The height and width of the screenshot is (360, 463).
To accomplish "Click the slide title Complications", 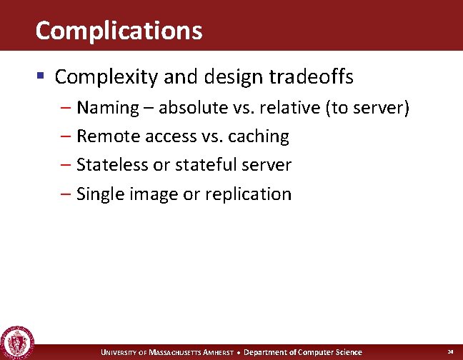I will pyautogui.click(x=119, y=31).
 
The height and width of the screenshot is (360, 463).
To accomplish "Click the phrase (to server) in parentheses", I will pyautogui.click(x=367, y=108).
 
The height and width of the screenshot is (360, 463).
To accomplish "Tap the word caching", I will pyautogui.click(x=259, y=136).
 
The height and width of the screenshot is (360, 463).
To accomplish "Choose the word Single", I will pyautogui.click(x=100, y=194).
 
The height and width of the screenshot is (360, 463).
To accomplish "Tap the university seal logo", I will pyautogui.click(x=15, y=342).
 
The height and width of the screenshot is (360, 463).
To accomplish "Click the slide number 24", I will pyautogui.click(x=450, y=352).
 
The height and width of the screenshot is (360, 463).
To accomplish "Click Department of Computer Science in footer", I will pyautogui.click(x=303, y=352).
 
